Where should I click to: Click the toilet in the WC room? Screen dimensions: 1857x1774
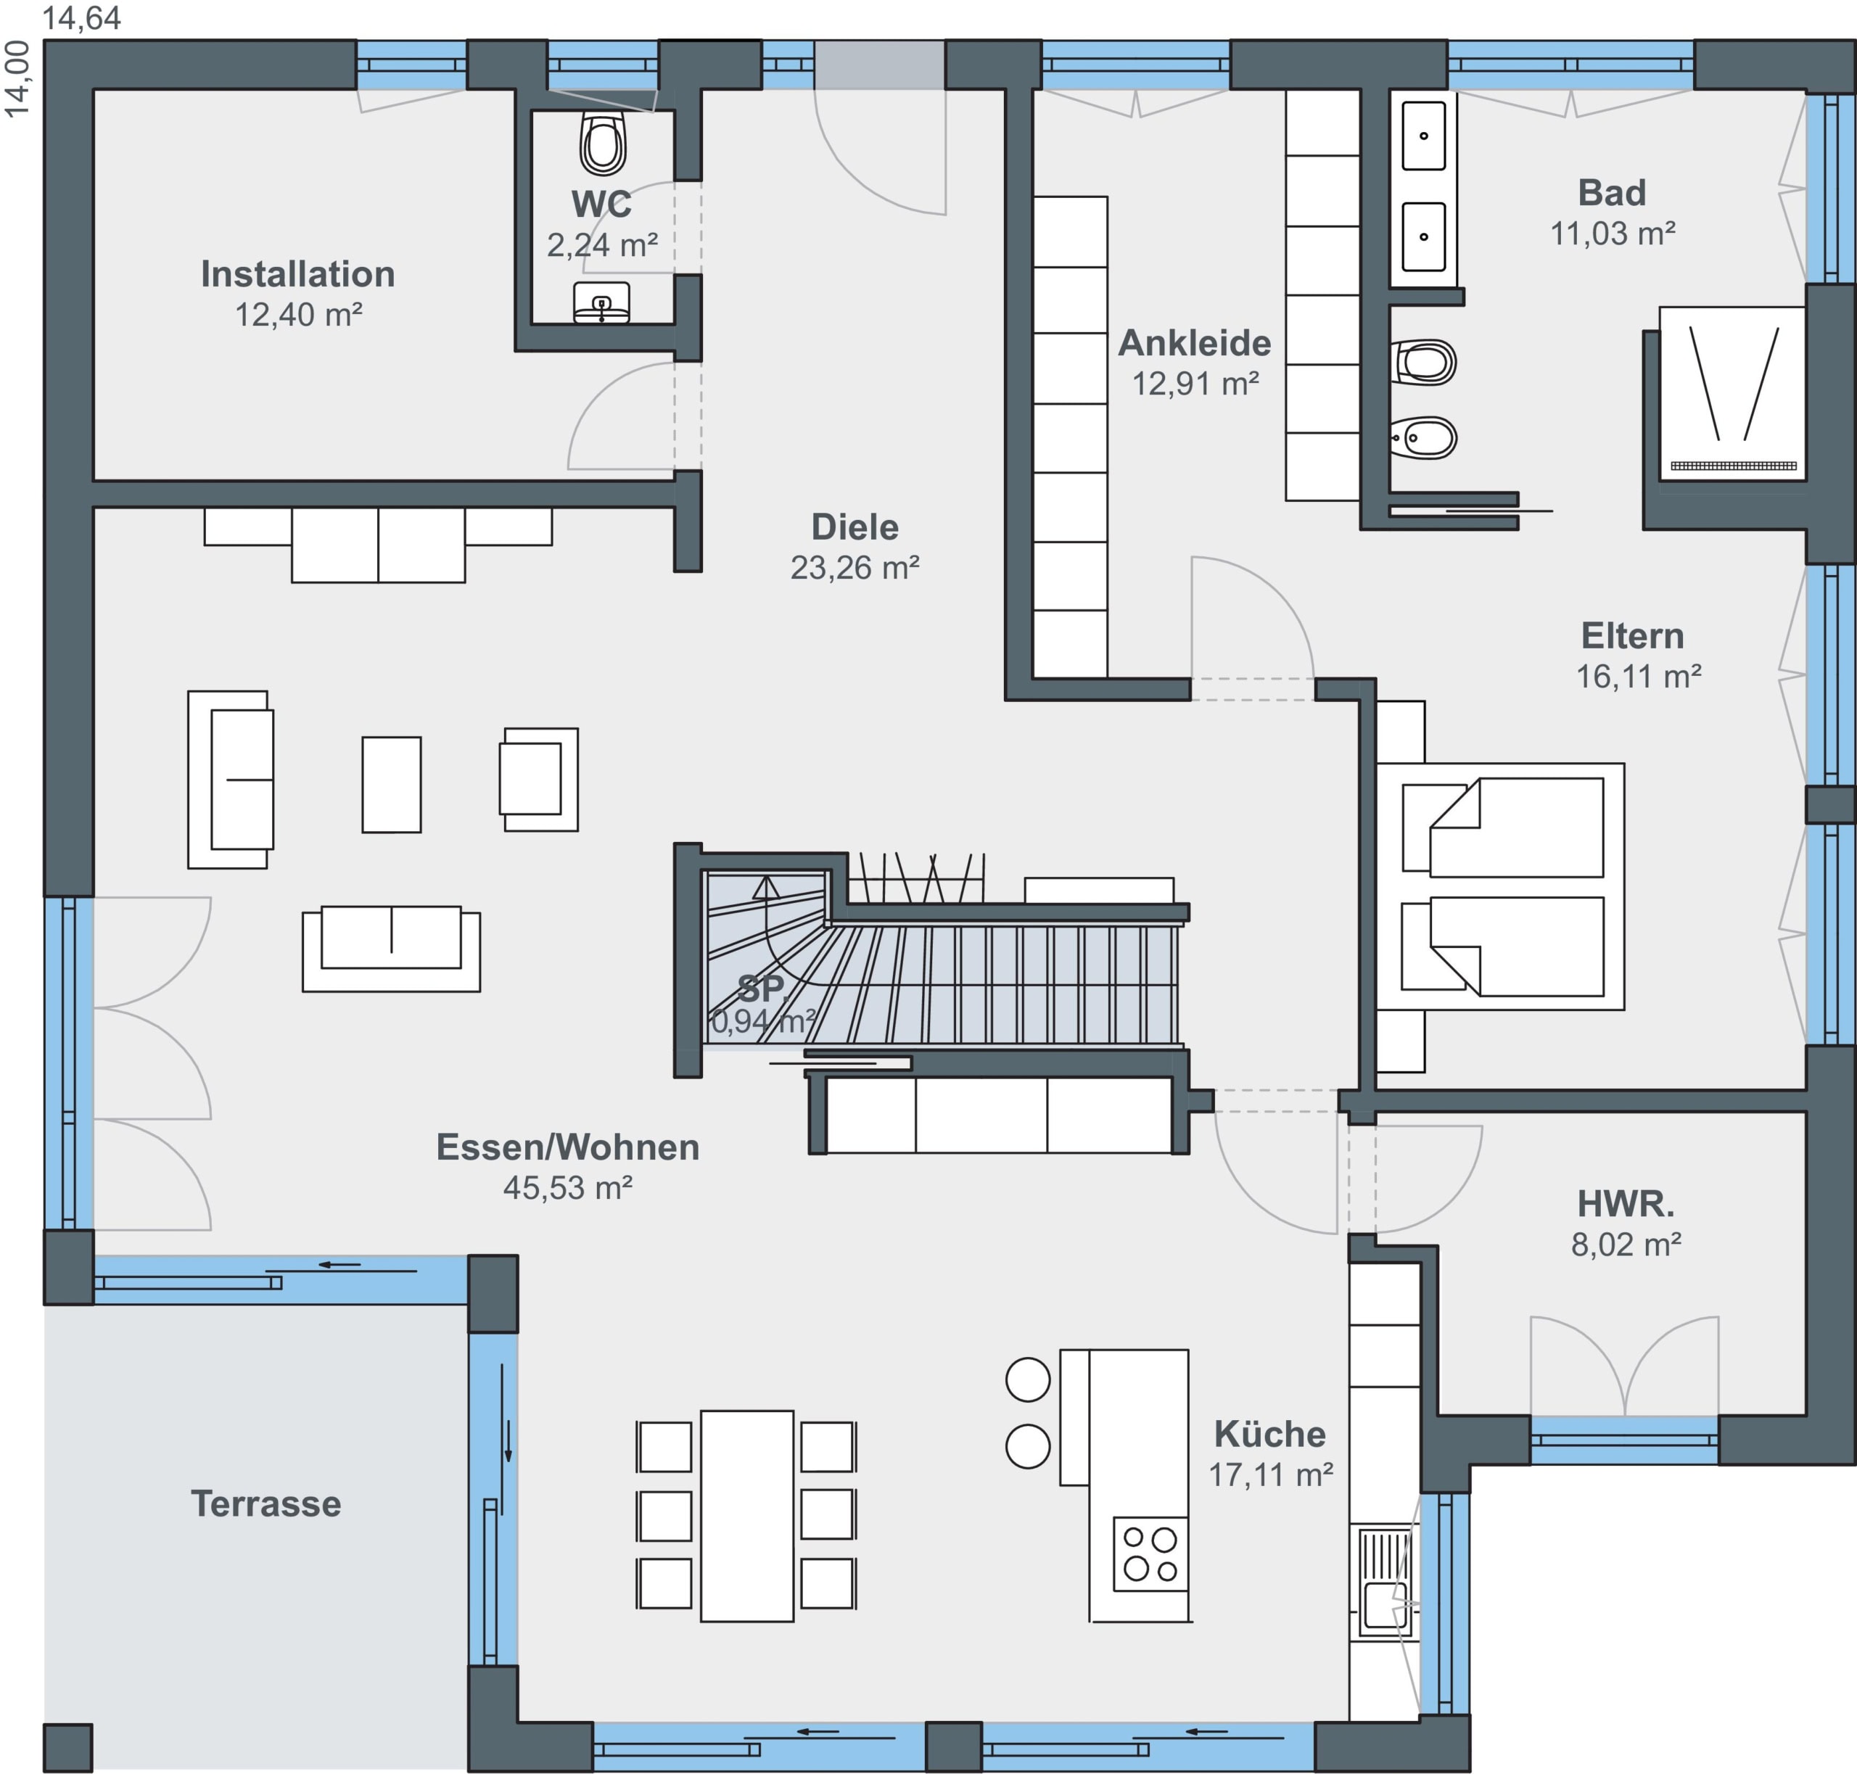[x=603, y=144]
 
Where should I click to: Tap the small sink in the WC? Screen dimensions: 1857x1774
[x=601, y=302]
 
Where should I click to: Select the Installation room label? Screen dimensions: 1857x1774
[x=298, y=274]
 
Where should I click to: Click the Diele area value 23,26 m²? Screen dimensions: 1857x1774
[x=855, y=567]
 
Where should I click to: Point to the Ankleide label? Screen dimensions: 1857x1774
[x=1195, y=343]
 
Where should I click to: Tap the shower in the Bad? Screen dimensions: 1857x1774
[x=1733, y=393]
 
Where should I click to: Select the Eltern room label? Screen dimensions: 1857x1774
[x=1633, y=635]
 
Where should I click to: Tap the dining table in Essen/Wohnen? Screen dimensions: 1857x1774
[x=746, y=1516]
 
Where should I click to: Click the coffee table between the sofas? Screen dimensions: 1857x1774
[x=392, y=785]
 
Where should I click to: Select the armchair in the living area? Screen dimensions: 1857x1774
[x=539, y=779]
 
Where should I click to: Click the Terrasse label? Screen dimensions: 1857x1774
[x=265, y=1503]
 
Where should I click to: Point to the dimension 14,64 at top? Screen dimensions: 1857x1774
[x=82, y=18]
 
